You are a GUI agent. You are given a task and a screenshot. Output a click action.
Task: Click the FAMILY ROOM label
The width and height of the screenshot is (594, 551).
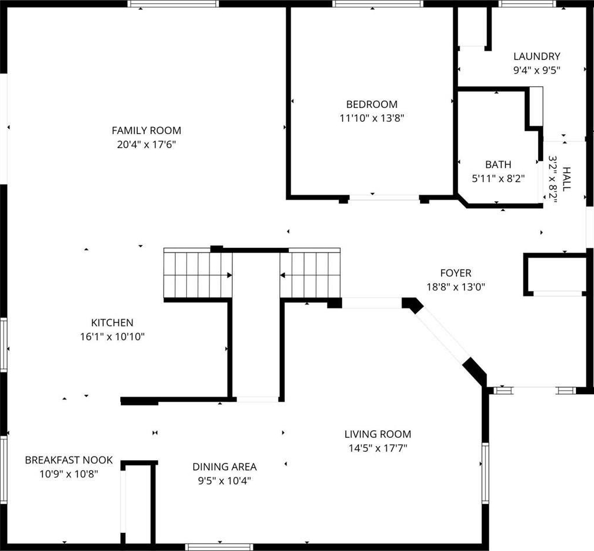tap(146, 131)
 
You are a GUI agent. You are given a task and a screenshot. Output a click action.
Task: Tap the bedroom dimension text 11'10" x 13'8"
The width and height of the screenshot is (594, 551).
tap(372, 118)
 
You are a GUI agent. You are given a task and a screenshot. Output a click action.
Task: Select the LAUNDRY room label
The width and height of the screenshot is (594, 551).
tap(536, 57)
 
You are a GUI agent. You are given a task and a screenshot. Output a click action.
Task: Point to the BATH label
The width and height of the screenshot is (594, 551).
tap(498, 164)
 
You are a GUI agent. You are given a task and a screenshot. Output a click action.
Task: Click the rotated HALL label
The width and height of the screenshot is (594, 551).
tap(567, 179)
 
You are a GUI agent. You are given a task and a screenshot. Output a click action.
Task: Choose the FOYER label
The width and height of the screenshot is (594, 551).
tap(456, 273)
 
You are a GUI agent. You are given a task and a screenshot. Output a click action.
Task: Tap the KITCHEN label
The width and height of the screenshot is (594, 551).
tap(112, 323)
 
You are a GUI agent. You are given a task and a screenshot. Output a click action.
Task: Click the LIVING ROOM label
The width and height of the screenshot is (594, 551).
tap(378, 434)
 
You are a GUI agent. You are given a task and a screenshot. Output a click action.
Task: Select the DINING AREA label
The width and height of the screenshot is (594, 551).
tap(224, 467)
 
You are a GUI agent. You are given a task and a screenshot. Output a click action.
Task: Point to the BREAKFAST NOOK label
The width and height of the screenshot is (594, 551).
tap(69, 460)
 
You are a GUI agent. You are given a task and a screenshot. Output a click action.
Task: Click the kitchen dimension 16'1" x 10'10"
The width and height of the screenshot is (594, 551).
tap(112, 336)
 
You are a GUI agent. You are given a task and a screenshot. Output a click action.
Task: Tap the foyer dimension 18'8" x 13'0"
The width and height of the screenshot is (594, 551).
tap(456, 287)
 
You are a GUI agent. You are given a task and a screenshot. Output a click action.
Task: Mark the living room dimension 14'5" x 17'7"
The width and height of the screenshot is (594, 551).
tap(378, 448)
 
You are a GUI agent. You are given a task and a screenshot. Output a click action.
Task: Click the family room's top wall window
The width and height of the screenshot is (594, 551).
tap(173, 3)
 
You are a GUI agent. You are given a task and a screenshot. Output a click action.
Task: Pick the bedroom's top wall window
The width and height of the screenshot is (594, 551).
tap(378, 3)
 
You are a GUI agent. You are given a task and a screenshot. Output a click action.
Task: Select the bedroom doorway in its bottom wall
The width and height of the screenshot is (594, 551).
tap(384, 198)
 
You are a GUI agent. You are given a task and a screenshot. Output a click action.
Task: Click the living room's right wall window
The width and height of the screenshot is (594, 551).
tap(485, 473)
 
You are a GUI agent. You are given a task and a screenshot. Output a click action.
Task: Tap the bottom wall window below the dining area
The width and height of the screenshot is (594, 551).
tap(219, 548)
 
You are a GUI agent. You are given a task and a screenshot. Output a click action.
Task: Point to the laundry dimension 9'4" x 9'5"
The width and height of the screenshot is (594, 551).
tap(536, 71)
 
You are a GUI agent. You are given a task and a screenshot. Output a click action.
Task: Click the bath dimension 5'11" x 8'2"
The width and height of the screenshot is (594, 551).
tap(498, 178)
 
